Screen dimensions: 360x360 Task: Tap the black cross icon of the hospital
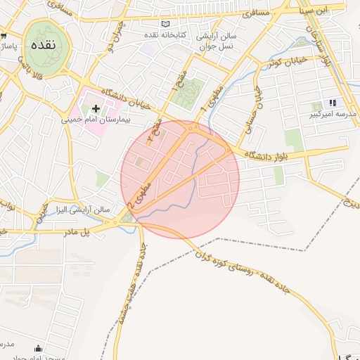(x=96, y=109)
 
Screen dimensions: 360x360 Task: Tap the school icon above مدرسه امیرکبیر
(x=333, y=103)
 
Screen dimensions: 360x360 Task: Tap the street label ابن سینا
(x=330, y=11)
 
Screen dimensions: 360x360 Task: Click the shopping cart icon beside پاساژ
(x=4, y=35)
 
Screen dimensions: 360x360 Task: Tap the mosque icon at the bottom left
(x=37, y=348)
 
